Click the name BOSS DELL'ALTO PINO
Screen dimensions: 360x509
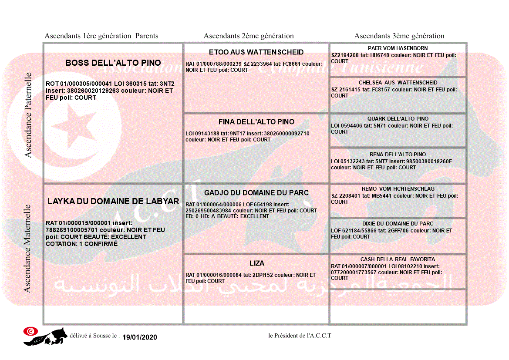[113, 63]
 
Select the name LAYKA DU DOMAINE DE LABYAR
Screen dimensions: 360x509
[113, 202]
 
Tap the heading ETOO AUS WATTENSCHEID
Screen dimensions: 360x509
[256, 52]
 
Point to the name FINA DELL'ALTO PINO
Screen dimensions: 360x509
[256, 122]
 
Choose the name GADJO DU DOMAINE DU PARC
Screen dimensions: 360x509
[256, 193]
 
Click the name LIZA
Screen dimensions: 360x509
[257, 263]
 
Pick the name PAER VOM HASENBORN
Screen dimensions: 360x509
[398, 48]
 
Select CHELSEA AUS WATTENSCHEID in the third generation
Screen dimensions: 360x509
[398, 83]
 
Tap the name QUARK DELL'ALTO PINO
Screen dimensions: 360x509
[398, 119]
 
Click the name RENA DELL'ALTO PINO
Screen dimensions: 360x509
[398, 155]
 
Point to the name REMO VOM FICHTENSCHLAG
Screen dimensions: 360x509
[398, 189]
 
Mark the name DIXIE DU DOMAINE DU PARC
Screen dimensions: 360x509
[398, 224]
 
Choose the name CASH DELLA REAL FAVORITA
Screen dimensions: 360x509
[398, 259]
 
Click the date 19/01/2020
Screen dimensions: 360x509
[139, 337]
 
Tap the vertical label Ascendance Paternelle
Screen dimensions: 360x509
[28, 115]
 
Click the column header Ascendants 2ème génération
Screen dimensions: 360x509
[249, 36]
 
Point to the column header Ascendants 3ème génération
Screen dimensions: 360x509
[399, 36]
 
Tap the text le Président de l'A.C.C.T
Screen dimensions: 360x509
[300, 336]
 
